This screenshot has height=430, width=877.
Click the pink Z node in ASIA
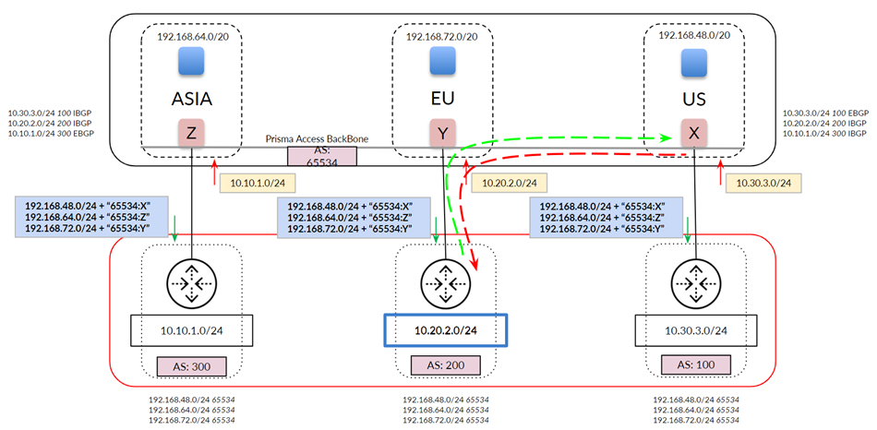pyautogui.click(x=191, y=133)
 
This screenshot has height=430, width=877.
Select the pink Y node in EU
pyautogui.click(x=443, y=133)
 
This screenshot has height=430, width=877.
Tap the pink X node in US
pyautogui.click(x=694, y=133)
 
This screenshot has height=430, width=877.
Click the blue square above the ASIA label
pyautogui.click(x=191, y=61)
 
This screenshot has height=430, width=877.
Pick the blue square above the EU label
pyautogui.click(x=443, y=61)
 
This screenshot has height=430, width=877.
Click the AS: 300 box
pyautogui.click(x=191, y=365)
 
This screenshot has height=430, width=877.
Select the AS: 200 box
pyautogui.click(x=445, y=365)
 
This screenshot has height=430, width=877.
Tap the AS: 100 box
pyautogui.click(x=698, y=365)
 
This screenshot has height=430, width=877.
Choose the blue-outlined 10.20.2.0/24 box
pyautogui.click(x=445, y=328)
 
